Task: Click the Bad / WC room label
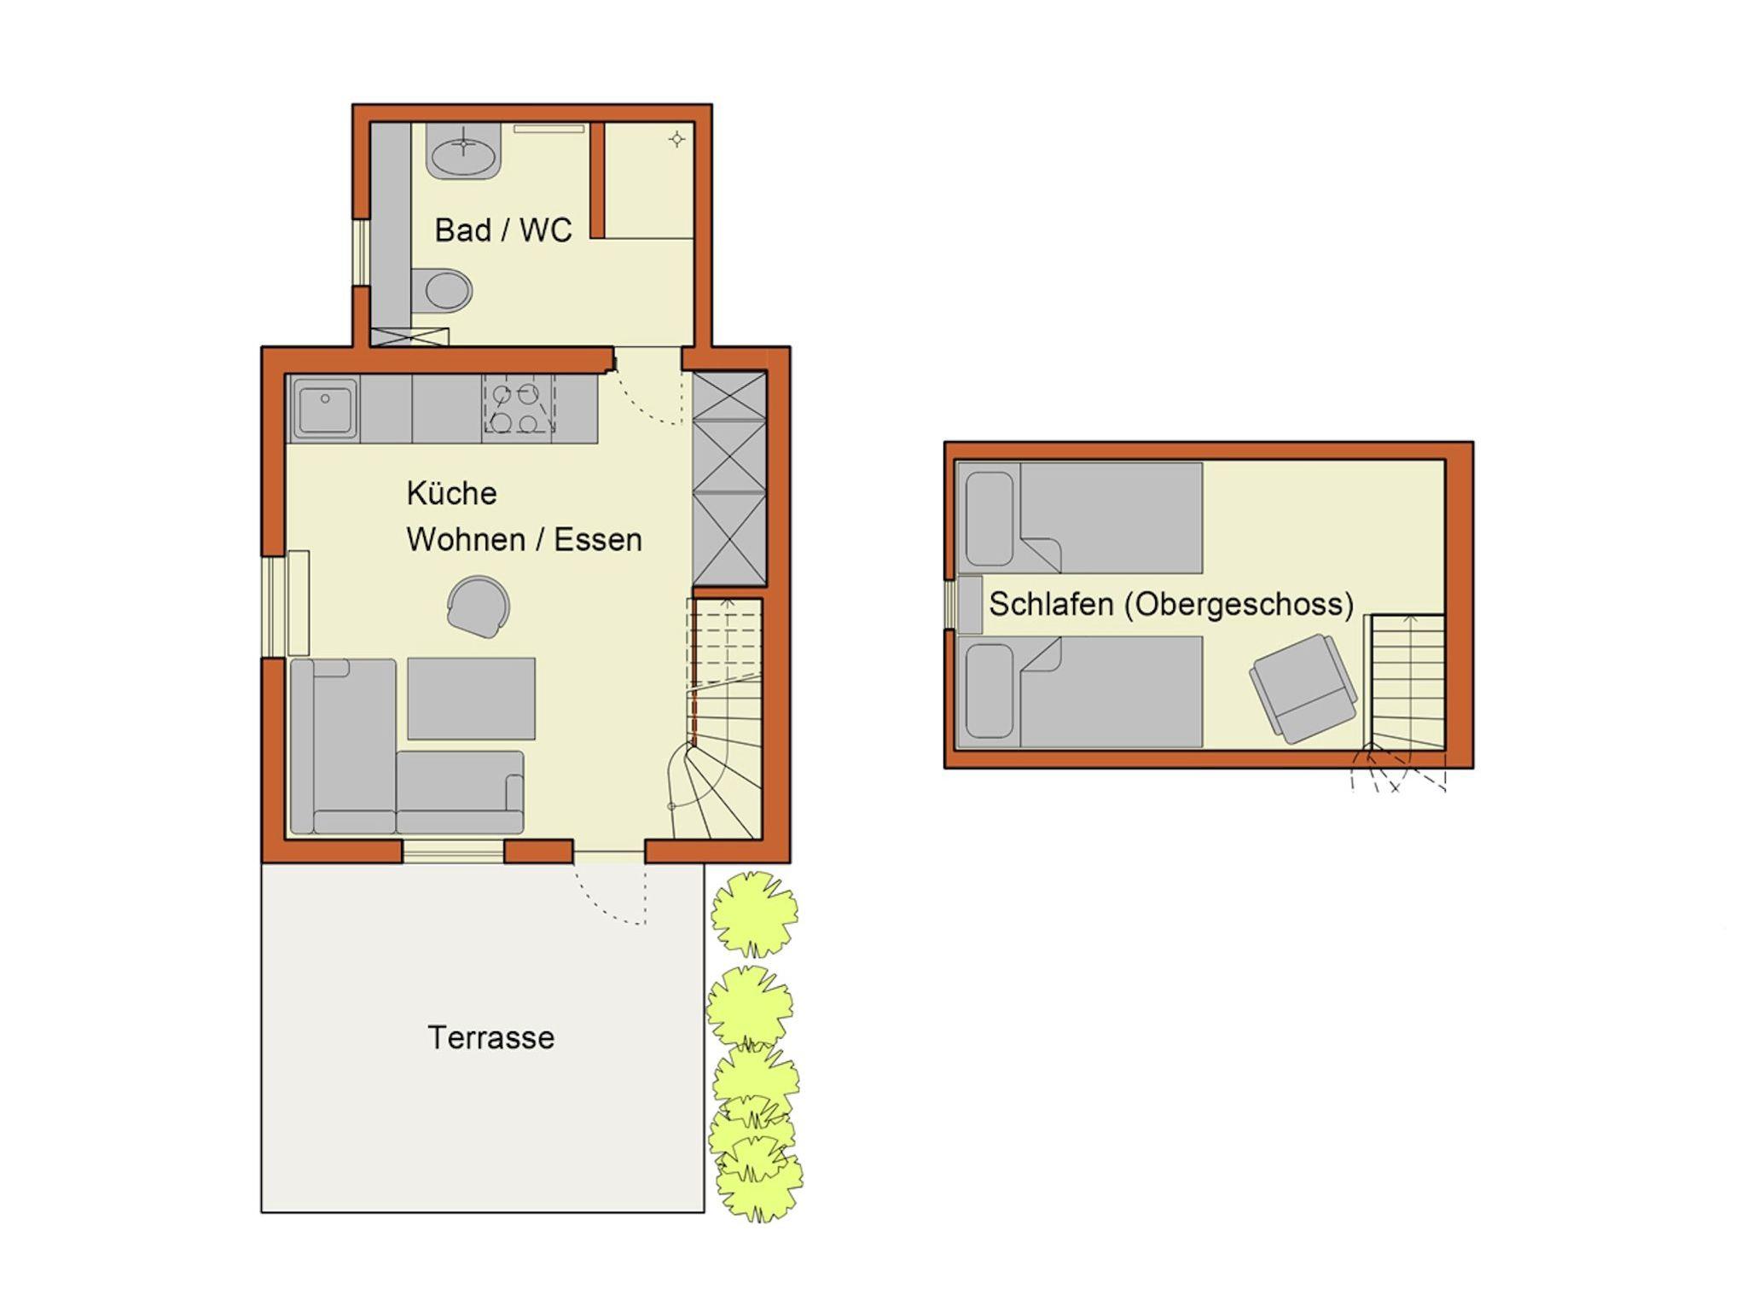coord(502,230)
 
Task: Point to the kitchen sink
coord(324,408)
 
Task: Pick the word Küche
coord(451,493)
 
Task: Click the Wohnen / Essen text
coord(524,540)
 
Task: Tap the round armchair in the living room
coord(479,607)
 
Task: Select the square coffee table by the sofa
coord(471,698)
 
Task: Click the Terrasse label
coord(490,1037)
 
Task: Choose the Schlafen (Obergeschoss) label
coord(1171,604)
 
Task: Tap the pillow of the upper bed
coord(990,519)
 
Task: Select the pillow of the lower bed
coord(990,691)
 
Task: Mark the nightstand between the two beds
coord(970,605)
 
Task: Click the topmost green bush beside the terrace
coord(755,913)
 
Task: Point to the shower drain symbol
coord(676,139)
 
